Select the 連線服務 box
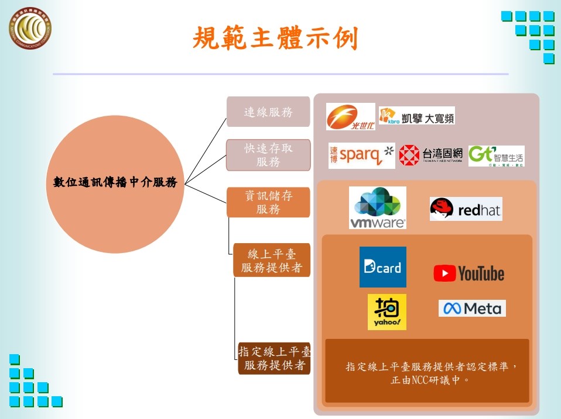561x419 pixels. (x=268, y=112)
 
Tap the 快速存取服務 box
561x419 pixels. (x=268, y=155)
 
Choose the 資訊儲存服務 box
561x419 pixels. (x=268, y=202)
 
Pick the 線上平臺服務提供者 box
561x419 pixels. (x=271, y=261)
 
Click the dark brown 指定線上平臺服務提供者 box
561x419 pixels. (x=274, y=358)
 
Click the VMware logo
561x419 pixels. (x=378, y=208)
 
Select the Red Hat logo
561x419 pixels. (x=466, y=209)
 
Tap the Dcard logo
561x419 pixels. (x=382, y=267)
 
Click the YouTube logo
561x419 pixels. (x=469, y=273)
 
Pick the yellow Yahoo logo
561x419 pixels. (x=386, y=312)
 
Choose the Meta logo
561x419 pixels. (x=472, y=308)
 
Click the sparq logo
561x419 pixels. (x=362, y=155)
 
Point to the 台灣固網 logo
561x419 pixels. (x=431, y=155)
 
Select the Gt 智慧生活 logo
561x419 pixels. (x=496, y=156)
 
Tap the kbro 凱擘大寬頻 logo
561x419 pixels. (x=416, y=116)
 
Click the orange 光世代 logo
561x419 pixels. (x=350, y=117)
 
